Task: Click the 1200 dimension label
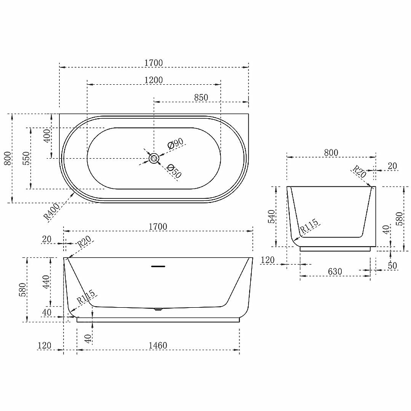pos(154,80)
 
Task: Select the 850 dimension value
pos(201,97)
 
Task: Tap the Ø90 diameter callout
pos(175,143)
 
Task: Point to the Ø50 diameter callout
pos(174,171)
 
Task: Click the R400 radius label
pos(52,212)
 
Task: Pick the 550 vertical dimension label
pos(27,158)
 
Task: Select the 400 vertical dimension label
pos(47,136)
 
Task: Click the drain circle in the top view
pos(154,158)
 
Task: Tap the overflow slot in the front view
pos(158,266)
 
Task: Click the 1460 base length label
pos(158,345)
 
